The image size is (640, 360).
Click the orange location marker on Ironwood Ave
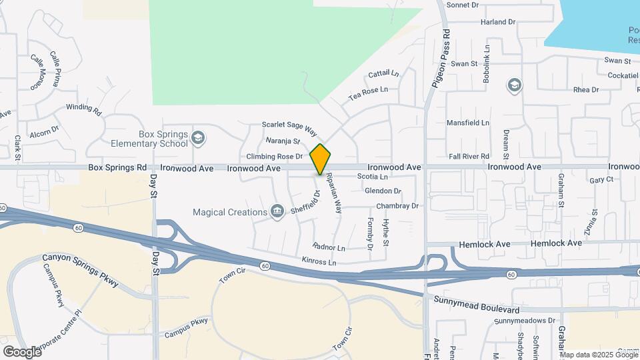pos(320,159)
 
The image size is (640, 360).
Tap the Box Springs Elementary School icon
pos(197,138)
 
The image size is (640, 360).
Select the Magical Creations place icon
pos(277,212)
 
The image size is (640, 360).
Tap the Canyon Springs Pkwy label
pos(80,270)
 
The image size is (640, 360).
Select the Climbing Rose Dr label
pos(275,157)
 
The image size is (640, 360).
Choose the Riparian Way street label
pos(333,193)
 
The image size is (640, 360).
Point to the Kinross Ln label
pos(319,261)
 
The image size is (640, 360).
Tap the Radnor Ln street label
pos(329,247)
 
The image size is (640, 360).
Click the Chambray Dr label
pos(397,206)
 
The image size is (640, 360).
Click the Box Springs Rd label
pos(117,169)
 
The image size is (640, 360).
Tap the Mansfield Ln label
pos(467,123)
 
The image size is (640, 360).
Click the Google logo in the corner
pos(22,351)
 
